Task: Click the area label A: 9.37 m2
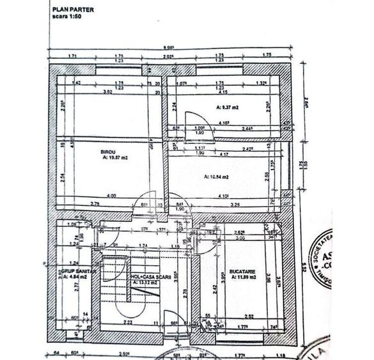pyautogui.click(x=226, y=108)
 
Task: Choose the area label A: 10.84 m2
pyautogui.click(x=216, y=177)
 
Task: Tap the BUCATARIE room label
pyautogui.click(x=243, y=271)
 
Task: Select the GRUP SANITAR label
pyautogui.click(x=74, y=270)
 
